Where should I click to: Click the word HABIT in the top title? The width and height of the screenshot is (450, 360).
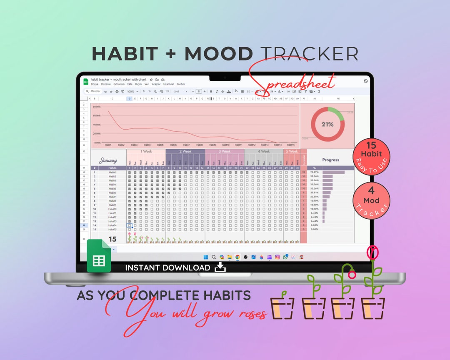click(x=125, y=54)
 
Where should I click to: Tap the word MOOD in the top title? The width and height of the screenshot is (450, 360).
click(x=219, y=54)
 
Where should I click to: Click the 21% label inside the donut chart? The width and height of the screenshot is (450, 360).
click(x=327, y=124)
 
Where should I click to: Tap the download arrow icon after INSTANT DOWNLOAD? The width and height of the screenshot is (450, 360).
click(x=220, y=267)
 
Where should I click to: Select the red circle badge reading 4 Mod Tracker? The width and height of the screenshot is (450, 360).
click(x=371, y=201)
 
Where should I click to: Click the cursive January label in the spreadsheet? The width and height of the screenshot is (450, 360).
click(x=108, y=160)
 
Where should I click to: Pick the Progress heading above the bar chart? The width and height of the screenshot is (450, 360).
click(x=331, y=160)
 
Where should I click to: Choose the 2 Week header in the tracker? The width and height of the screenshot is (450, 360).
click(x=185, y=151)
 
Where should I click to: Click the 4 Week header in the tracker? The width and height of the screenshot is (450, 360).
click(x=263, y=151)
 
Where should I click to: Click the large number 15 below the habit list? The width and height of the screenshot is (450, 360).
click(x=112, y=239)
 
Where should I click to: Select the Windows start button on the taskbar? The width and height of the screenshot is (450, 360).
click(x=205, y=257)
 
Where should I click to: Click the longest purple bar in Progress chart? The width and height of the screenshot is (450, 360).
click(x=333, y=172)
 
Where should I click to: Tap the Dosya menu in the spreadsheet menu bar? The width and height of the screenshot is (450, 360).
click(x=94, y=84)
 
